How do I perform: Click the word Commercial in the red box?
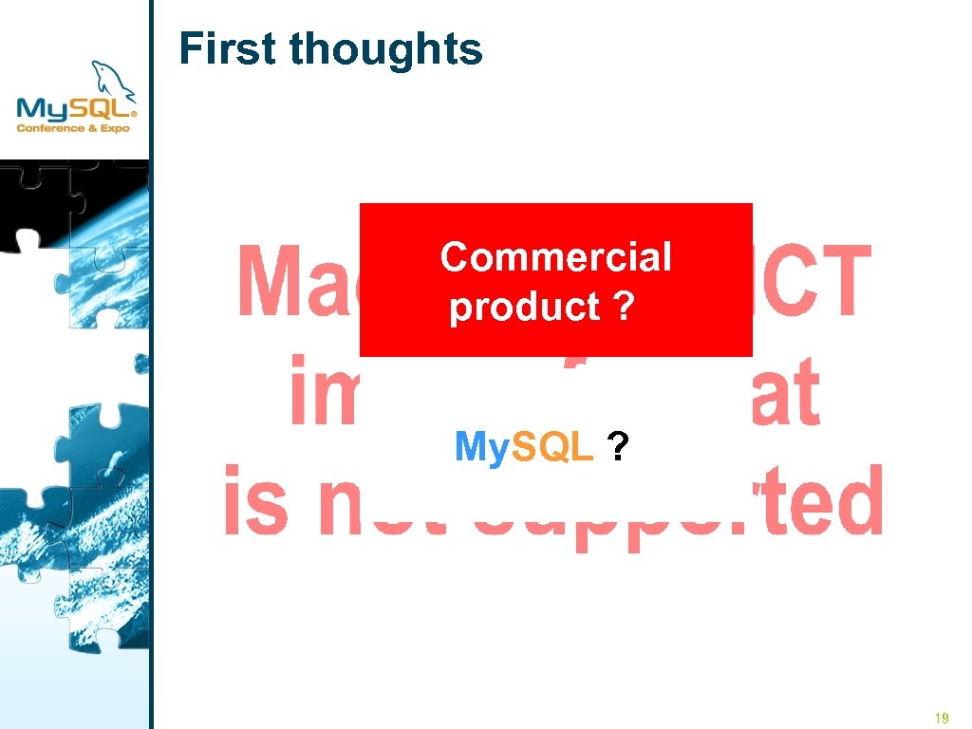click(x=555, y=256)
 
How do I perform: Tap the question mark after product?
click(x=623, y=307)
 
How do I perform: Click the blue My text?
click(x=482, y=446)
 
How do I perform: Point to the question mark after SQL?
click(x=618, y=446)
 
